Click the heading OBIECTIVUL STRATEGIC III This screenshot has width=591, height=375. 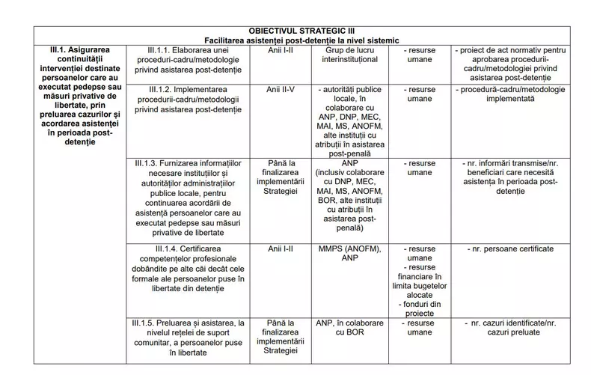click(304, 30)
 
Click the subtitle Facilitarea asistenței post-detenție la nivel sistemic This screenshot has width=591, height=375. click(304, 40)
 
